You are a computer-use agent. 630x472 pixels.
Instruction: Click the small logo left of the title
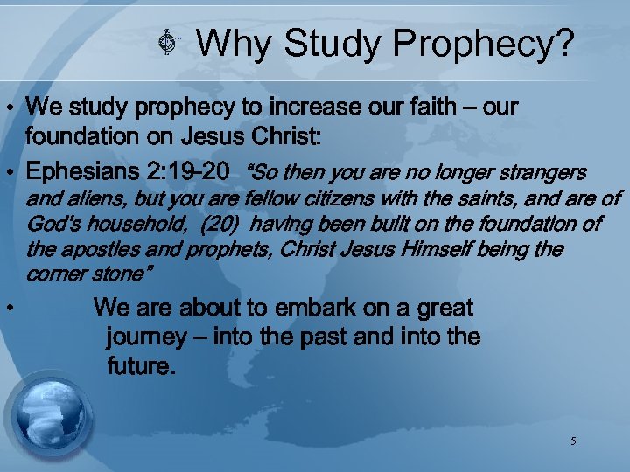[x=172, y=44]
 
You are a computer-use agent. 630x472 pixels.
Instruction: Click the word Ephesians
[x=80, y=170]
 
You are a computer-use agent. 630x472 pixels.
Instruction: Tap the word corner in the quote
[x=53, y=274]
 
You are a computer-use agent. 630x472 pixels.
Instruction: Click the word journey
[x=146, y=337]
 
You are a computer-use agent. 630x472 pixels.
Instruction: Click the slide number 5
[x=573, y=441]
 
